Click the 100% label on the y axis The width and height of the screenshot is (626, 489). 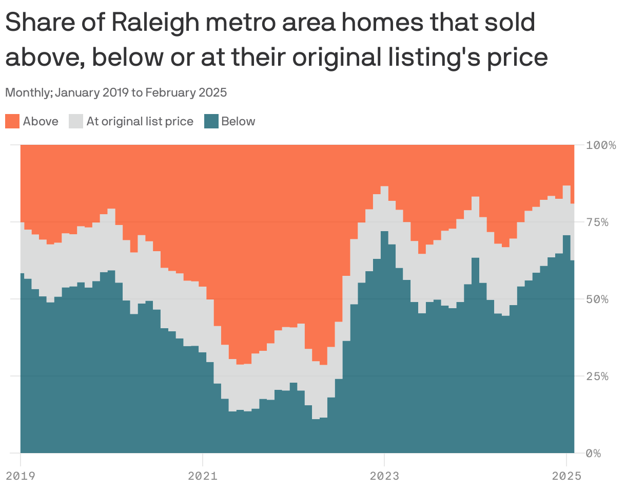tap(601, 145)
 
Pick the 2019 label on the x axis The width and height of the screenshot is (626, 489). tap(21, 476)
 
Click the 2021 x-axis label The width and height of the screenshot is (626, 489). tap(203, 476)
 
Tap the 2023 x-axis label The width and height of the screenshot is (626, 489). tap(384, 476)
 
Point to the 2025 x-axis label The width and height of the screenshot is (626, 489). tap(566, 476)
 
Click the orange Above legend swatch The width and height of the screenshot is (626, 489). tap(12, 122)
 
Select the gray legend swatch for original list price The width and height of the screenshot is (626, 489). tap(76, 122)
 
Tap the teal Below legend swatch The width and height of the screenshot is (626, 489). tap(211, 122)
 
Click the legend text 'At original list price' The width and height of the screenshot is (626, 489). tap(140, 122)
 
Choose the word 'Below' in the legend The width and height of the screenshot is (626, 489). tap(238, 122)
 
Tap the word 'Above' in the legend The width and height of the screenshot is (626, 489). tap(41, 122)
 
